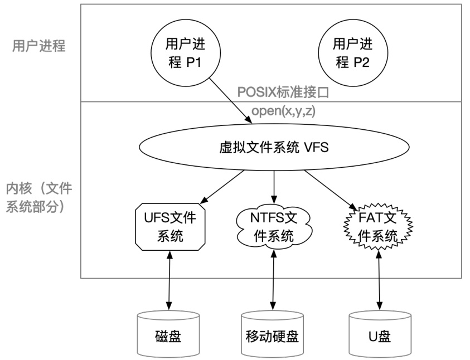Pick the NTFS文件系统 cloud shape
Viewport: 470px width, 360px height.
274,227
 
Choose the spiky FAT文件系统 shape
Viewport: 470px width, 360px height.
378,227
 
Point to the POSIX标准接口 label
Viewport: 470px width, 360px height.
283,93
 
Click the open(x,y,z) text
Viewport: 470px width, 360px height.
283,111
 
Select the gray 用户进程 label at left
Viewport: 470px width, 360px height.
38,46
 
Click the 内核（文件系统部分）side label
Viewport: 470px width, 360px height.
39,197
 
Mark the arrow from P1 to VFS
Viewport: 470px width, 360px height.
230,101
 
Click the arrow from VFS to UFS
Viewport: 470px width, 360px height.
222,187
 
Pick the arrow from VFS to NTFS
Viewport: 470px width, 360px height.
274,187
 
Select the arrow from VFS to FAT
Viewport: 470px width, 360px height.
331,190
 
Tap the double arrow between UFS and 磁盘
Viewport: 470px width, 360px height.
169,280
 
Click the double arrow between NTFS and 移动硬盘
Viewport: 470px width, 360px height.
273,280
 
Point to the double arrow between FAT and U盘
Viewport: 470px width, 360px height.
379,280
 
